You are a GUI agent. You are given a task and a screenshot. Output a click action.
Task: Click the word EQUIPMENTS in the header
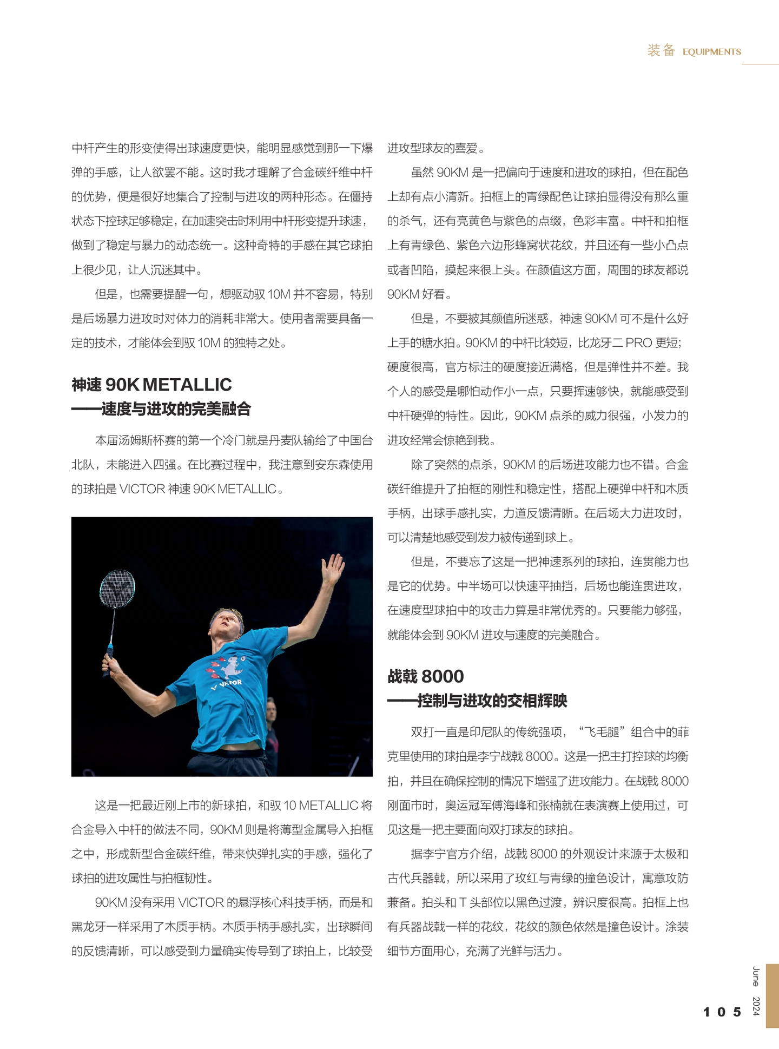pyautogui.click(x=711, y=52)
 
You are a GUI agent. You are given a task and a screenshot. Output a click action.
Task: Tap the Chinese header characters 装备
pyautogui.click(x=661, y=51)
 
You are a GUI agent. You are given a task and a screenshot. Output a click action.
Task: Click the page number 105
pyautogui.click(x=722, y=1012)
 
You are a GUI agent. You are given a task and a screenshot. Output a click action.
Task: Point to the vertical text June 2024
pyautogui.click(x=756, y=990)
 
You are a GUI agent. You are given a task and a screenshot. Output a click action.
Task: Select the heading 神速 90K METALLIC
pyautogui.click(x=151, y=385)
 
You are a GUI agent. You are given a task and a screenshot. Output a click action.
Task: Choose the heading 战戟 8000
pyautogui.click(x=426, y=676)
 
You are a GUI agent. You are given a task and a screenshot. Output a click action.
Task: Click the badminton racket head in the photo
pyautogui.click(x=117, y=588)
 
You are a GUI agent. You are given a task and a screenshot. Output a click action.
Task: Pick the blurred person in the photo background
pyautogui.click(x=272, y=730)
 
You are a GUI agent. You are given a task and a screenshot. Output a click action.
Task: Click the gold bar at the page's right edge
pyautogui.click(x=772, y=995)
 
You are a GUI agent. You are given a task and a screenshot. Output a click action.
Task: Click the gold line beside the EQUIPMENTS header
pyautogui.click(x=760, y=64)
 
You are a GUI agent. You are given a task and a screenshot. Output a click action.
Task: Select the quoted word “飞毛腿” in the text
pyautogui.click(x=602, y=733)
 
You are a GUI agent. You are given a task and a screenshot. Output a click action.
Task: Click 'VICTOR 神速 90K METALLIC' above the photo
pyautogui.click(x=198, y=489)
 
